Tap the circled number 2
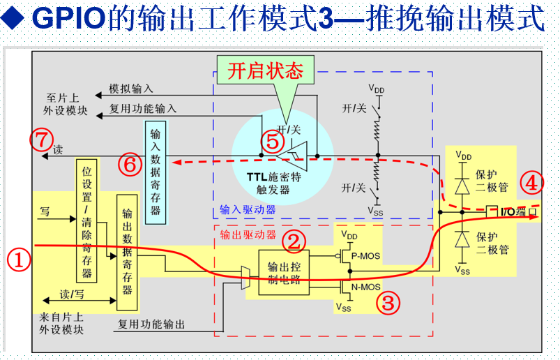(x=294, y=241)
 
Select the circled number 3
(x=388, y=303)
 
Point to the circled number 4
(x=531, y=183)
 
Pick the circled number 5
(x=272, y=142)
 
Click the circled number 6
(x=129, y=165)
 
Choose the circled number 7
(x=41, y=140)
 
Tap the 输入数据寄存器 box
(x=156, y=172)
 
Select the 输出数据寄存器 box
(x=127, y=252)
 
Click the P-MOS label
(x=365, y=256)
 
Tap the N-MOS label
(x=366, y=286)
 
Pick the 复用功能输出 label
(x=151, y=324)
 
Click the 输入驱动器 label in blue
(x=248, y=209)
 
